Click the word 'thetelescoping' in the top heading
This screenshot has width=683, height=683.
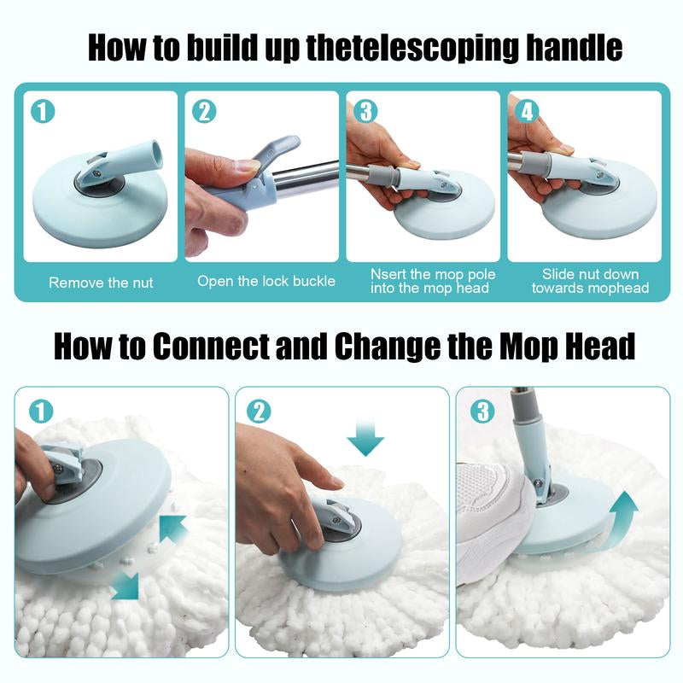tap(400, 48)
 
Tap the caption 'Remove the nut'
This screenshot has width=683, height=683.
tap(101, 283)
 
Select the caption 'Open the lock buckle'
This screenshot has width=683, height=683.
tap(266, 281)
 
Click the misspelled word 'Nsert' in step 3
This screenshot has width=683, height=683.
tap(389, 275)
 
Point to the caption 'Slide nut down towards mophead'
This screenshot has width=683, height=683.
tap(590, 281)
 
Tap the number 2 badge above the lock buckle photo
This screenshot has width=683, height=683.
tap(204, 112)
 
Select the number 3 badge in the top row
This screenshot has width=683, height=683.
tap(365, 112)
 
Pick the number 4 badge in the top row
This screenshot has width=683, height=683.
tap(528, 112)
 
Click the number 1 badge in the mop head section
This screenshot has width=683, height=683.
tap(40, 412)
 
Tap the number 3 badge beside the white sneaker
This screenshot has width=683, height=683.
tap(482, 412)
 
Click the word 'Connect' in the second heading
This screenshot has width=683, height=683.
tap(209, 347)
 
